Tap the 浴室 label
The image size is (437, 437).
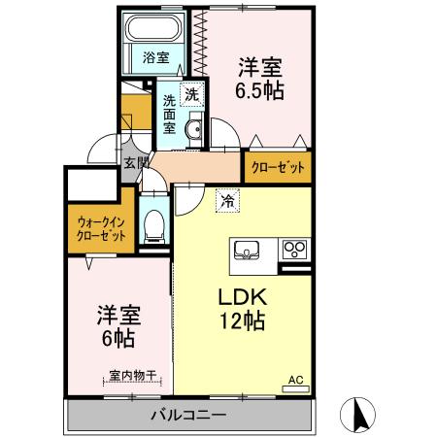point(156,56)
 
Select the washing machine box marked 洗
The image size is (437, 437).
point(192,94)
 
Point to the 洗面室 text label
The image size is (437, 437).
point(169,114)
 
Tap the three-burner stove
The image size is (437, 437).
point(292,252)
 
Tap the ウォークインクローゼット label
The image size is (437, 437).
point(101,229)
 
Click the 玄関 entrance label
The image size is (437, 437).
point(135,163)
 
